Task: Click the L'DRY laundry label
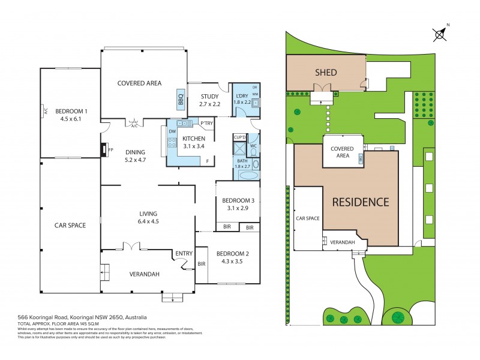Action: (x=242, y=96)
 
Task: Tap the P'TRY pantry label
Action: (x=206, y=124)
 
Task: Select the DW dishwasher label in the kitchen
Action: (x=172, y=131)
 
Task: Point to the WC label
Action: (x=253, y=146)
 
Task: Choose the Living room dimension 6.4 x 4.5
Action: (x=148, y=221)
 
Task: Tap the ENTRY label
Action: (x=183, y=254)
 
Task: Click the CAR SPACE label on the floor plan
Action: (x=70, y=226)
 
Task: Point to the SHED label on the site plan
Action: (x=326, y=73)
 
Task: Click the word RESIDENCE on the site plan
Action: (x=361, y=202)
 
